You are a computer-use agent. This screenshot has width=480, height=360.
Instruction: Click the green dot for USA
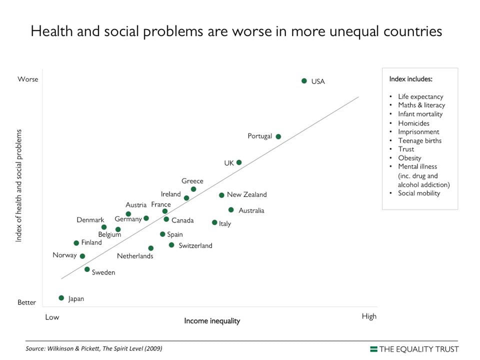(x=304, y=80)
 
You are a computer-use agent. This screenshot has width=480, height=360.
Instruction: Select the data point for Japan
(x=61, y=298)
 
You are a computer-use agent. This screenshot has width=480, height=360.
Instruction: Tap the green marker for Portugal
(x=278, y=136)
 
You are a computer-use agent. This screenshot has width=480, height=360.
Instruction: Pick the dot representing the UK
(x=239, y=162)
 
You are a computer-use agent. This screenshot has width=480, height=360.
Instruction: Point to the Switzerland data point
(x=171, y=245)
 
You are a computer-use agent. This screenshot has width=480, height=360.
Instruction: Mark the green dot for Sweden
(x=87, y=269)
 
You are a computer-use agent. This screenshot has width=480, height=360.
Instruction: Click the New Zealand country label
(x=246, y=194)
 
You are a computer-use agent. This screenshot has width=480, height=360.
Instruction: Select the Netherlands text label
(x=135, y=256)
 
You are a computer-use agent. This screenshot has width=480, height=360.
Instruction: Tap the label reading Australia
(x=251, y=210)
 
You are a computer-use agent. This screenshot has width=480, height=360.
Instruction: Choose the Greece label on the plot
(x=192, y=181)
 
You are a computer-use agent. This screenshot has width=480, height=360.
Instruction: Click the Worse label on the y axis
(x=28, y=79)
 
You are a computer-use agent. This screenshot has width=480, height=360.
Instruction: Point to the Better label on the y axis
(x=27, y=302)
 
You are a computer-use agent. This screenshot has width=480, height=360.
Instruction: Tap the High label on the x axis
(x=369, y=316)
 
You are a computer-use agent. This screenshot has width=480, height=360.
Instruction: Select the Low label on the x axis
(x=52, y=317)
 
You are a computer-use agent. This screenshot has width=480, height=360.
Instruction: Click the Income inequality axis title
(x=212, y=320)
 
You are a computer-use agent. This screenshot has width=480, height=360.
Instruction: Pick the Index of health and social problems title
(x=19, y=185)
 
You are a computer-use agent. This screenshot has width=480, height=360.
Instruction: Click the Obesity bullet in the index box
(x=409, y=158)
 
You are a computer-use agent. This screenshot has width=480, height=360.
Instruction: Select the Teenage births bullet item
(x=419, y=140)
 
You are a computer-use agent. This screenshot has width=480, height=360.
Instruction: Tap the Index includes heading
(x=410, y=79)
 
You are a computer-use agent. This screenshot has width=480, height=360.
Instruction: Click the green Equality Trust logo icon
(x=373, y=348)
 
